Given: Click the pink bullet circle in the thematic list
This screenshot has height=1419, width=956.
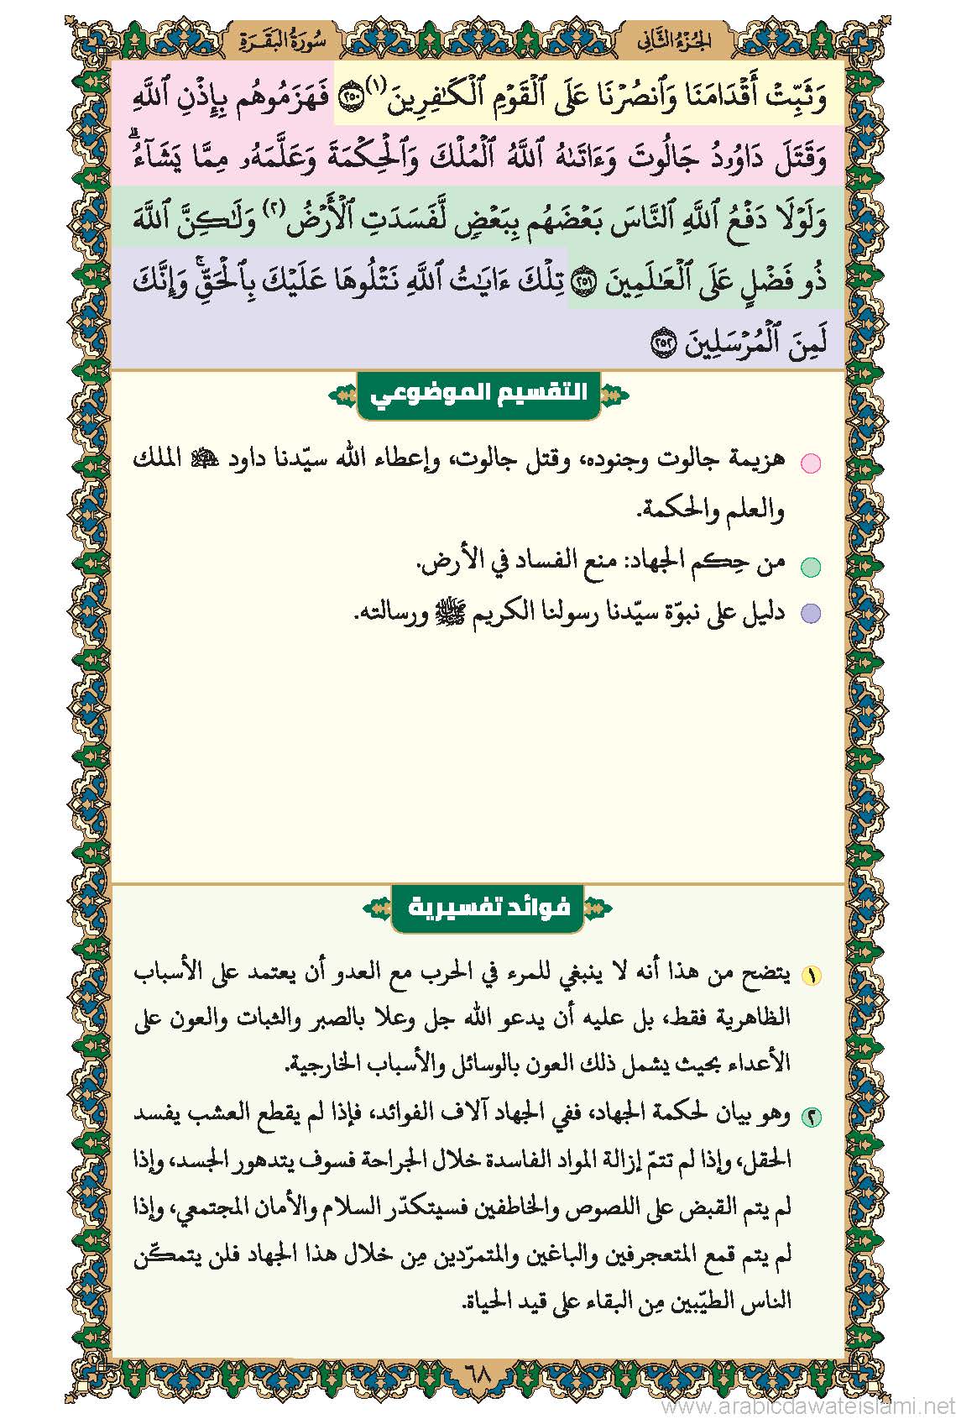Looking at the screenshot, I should coord(809,463).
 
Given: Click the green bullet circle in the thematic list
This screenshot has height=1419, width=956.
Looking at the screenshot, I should coord(809,568).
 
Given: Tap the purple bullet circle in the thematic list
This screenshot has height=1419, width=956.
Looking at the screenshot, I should coord(809,614).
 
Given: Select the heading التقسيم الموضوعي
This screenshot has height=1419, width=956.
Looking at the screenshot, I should coord(478,393).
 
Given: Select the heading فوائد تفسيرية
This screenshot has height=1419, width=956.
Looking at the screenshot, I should coord(488,907).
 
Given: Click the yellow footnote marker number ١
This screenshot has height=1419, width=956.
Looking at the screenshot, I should coord(811,976).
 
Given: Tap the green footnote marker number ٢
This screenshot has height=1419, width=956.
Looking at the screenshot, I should coord(811,1117).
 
